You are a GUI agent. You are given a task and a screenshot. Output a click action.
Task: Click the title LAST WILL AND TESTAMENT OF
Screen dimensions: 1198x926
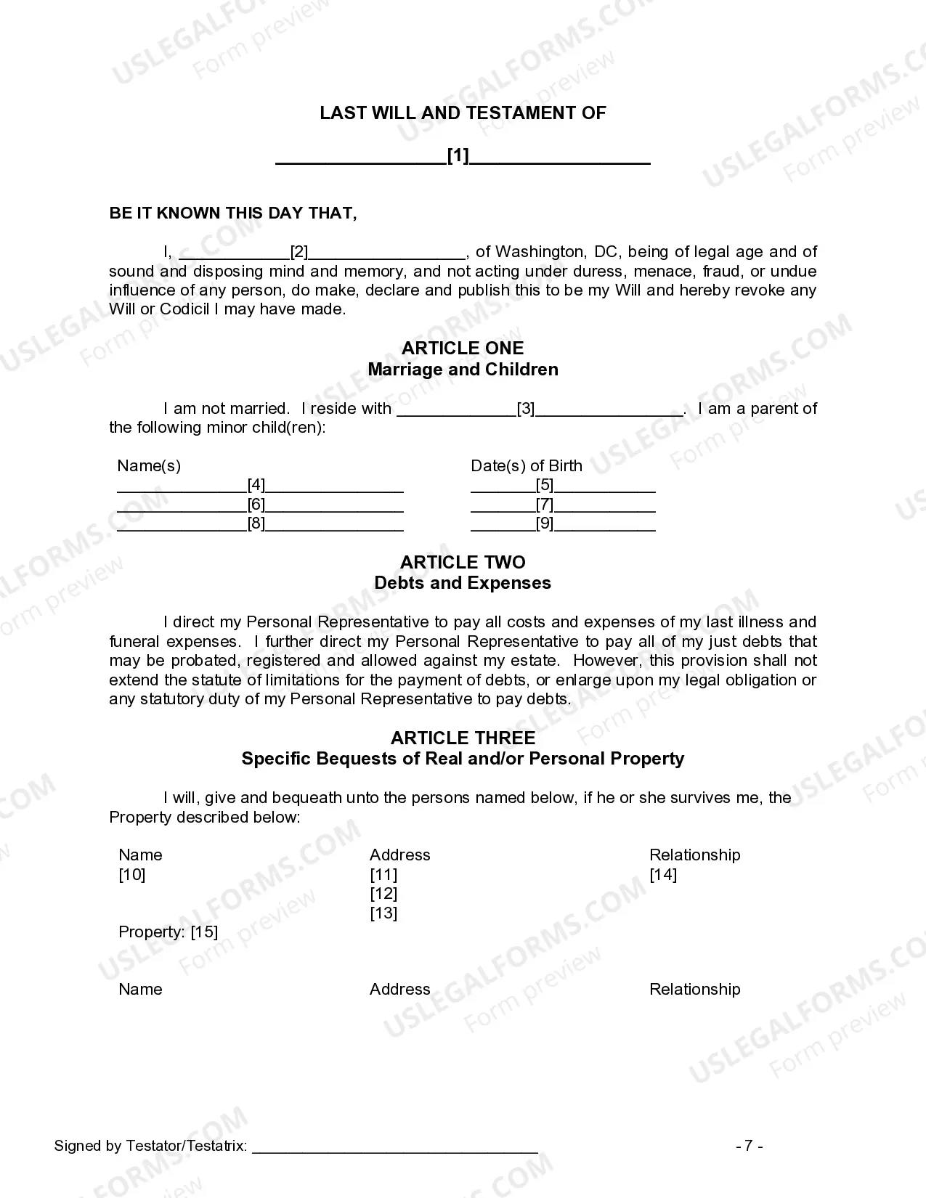pyautogui.click(x=463, y=113)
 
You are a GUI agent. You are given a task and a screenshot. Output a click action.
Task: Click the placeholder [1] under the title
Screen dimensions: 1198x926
pyautogui.click(x=458, y=155)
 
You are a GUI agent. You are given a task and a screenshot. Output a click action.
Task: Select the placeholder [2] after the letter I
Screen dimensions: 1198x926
pyautogui.click(x=299, y=252)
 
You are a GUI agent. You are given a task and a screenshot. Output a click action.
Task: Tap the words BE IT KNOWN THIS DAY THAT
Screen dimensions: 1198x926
pyautogui.click(x=233, y=213)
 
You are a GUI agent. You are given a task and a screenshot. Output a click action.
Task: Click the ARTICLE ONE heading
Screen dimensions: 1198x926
pyautogui.click(x=463, y=348)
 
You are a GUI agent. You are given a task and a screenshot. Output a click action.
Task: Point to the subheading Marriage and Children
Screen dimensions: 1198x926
pyautogui.click(x=463, y=370)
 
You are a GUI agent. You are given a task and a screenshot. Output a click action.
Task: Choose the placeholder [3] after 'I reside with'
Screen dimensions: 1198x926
pyautogui.click(x=526, y=409)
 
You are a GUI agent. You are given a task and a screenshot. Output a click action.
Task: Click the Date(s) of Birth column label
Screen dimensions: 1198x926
pyautogui.click(x=527, y=465)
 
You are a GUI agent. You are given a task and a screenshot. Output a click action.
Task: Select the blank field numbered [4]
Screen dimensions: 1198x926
pyautogui.click(x=256, y=485)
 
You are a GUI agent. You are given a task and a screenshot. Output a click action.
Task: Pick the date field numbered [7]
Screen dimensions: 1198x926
pyautogui.click(x=545, y=504)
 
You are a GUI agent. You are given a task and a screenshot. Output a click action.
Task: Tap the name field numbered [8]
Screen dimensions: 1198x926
pyautogui.click(x=256, y=523)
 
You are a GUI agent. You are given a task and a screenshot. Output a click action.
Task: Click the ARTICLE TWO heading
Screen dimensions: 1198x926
pyautogui.click(x=463, y=562)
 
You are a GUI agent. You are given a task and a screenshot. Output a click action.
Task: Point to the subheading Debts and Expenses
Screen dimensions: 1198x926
pyautogui.click(x=463, y=583)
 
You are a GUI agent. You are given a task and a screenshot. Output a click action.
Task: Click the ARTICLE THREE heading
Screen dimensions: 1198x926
pyautogui.click(x=463, y=738)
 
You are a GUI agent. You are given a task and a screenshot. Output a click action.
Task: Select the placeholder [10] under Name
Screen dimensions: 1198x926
pyautogui.click(x=132, y=874)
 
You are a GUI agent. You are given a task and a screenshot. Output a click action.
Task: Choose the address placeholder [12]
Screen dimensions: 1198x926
pyautogui.click(x=383, y=894)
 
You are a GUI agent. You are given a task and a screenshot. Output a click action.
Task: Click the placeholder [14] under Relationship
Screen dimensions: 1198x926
pyautogui.click(x=663, y=874)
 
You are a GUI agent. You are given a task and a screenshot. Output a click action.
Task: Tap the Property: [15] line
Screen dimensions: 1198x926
pyautogui.click(x=168, y=932)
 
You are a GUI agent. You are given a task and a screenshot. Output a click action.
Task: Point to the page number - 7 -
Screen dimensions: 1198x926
pyautogui.click(x=749, y=1146)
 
